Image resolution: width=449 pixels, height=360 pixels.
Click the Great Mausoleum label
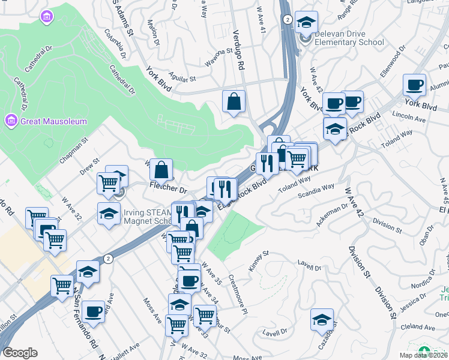tap(53, 121)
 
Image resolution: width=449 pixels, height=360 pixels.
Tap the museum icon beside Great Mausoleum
tap(11, 121)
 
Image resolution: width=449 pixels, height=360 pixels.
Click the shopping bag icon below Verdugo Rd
tap(234, 101)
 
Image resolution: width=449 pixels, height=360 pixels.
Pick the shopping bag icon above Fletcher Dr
tap(161, 169)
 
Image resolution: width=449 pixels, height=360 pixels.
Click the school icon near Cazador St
tap(322, 319)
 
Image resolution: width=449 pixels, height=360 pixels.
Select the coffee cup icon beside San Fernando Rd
tap(93, 311)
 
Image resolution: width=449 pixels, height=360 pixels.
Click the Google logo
tap(20, 353)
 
